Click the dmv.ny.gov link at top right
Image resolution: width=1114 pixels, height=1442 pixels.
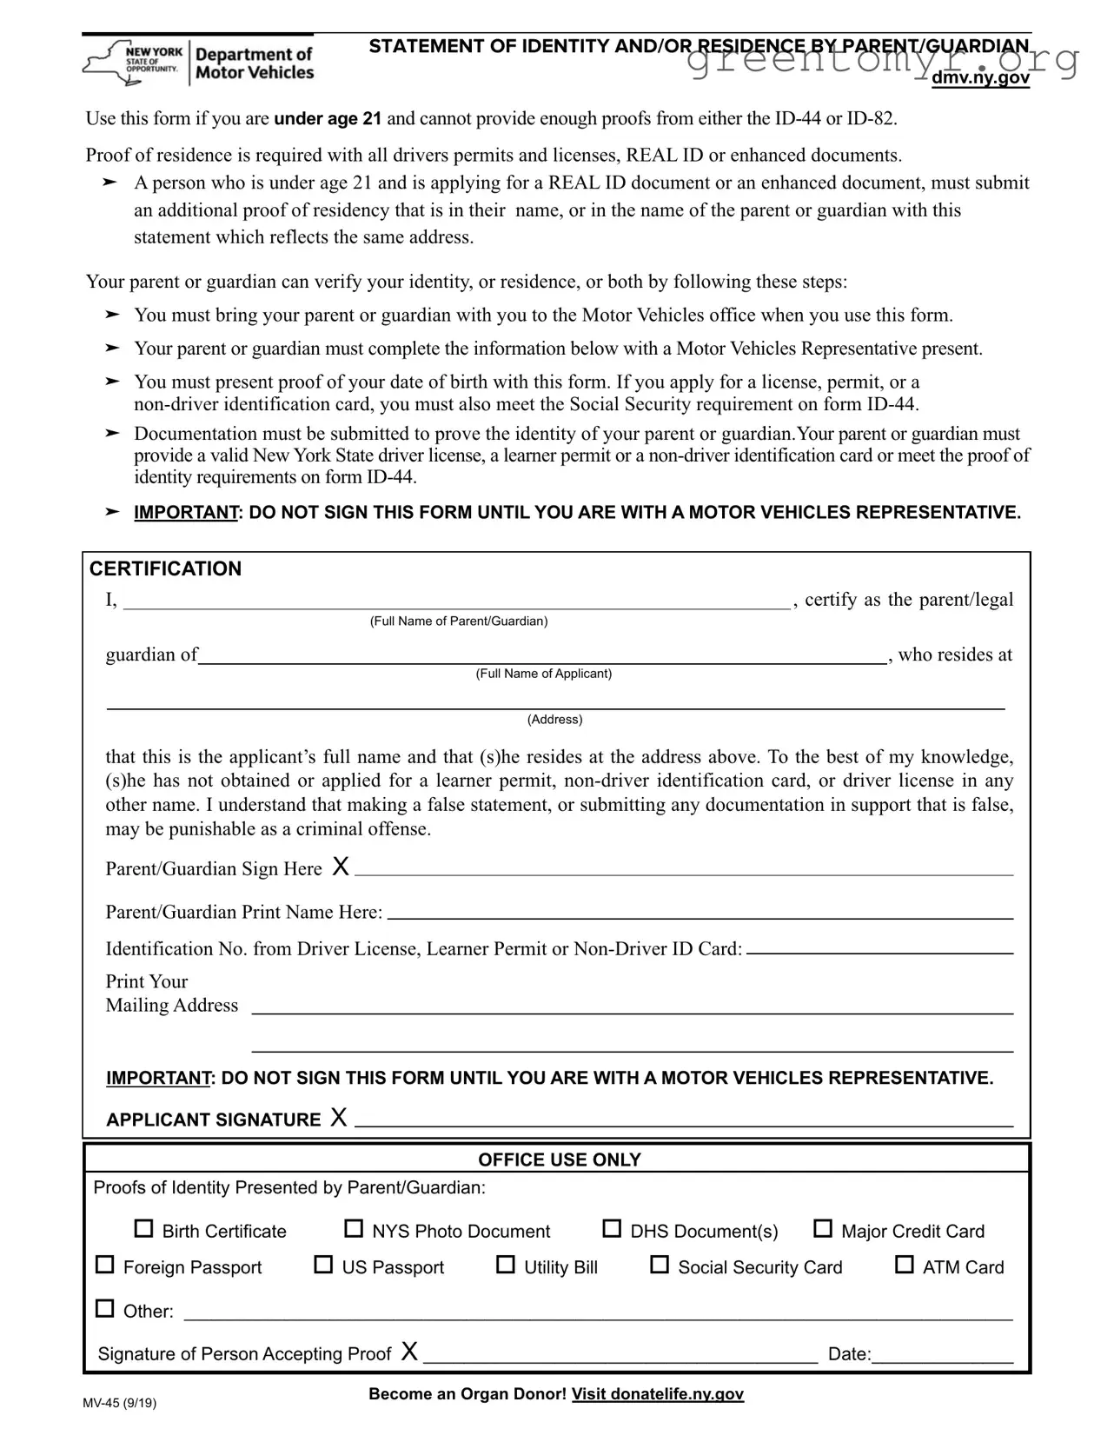(980, 78)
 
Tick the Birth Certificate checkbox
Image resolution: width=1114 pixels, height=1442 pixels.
(143, 1229)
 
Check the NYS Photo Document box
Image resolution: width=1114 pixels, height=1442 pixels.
(354, 1229)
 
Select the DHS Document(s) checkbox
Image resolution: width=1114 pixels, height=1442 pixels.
(612, 1229)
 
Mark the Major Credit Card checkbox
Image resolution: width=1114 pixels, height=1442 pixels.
(822, 1229)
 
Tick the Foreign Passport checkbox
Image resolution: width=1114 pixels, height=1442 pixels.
(104, 1266)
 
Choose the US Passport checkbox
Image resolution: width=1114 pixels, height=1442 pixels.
(323, 1266)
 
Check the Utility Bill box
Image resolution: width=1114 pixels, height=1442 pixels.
(505, 1266)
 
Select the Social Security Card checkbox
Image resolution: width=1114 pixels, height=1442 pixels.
(660, 1266)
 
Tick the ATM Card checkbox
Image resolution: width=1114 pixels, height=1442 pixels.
(904, 1266)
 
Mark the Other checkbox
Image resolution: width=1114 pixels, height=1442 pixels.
(104, 1308)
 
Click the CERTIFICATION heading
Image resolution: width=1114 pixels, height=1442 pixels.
(165, 569)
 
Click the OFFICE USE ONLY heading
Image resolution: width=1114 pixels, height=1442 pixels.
(559, 1160)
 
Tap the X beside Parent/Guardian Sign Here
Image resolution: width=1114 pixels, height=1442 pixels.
(341, 866)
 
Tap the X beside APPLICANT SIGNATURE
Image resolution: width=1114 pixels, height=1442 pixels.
(339, 1118)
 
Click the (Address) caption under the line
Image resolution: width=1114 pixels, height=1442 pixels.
(554, 720)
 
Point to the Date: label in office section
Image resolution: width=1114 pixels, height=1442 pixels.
(848, 1354)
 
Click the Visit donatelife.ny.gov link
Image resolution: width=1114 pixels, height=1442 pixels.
(658, 1394)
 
